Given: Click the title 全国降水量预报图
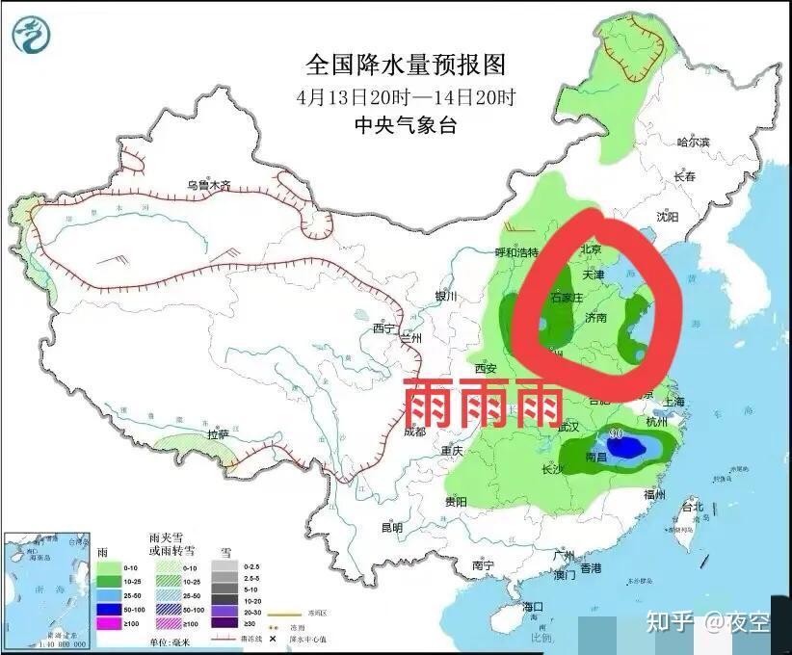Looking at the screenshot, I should (x=405, y=65).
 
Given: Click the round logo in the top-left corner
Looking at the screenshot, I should (x=33, y=35).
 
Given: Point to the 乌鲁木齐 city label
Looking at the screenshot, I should (x=209, y=185).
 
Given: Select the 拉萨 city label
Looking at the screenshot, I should (x=218, y=435).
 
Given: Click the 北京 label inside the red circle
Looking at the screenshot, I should (x=591, y=249).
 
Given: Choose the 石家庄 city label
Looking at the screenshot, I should (x=566, y=297).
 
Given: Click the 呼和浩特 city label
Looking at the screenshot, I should (x=515, y=252).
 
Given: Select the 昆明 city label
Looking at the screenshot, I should (x=392, y=527).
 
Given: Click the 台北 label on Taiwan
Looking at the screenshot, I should (x=692, y=507).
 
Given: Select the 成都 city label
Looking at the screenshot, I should (x=414, y=432).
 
